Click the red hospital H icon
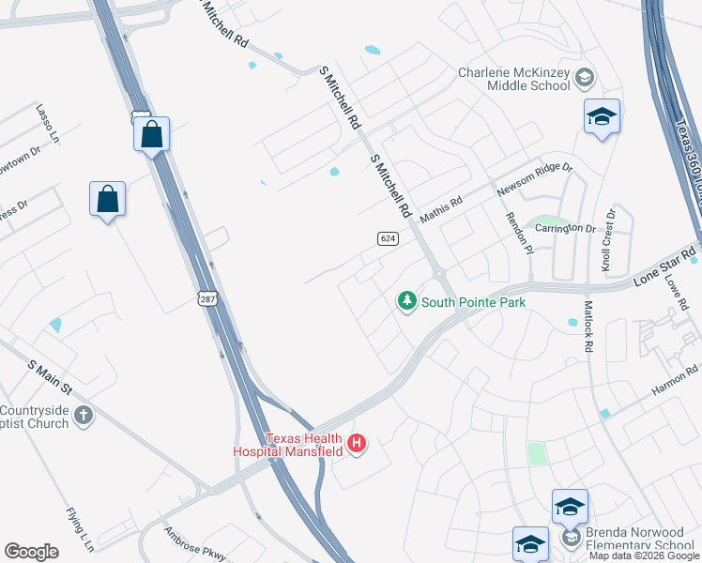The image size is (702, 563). coord(357,444)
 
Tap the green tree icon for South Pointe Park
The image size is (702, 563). coord(406,301)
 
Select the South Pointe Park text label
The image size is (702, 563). coord(473,302)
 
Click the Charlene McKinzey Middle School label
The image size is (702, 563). coord(514,79)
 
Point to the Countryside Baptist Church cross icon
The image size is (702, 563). coord(84,416)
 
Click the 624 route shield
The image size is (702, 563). coord(388,238)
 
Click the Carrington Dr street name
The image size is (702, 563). coord(564,228)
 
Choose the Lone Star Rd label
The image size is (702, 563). coord(664,266)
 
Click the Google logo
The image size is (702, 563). coord(32,552)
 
